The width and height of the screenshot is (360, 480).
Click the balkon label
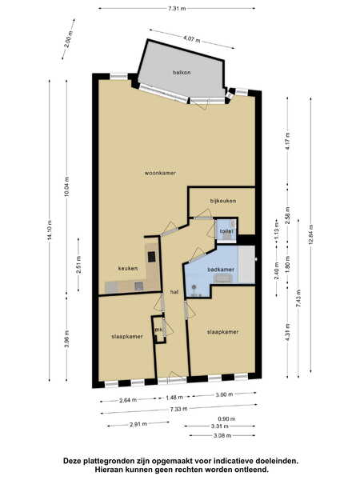click(182, 73)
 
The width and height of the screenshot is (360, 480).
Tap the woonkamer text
click(160, 173)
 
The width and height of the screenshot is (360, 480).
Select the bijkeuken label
click(223, 201)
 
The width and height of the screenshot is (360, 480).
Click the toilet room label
click(226, 231)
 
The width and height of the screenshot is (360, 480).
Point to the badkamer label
click(221, 270)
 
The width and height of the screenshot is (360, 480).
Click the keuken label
click(128, 268)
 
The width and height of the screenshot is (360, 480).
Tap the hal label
click(174, 292)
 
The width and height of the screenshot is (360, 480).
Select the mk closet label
click(158, 330)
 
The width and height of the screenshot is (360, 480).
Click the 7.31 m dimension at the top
click(177, 9)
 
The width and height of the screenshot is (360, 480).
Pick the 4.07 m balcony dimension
click(192, 39)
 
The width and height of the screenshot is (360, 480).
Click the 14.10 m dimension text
click(50, 230)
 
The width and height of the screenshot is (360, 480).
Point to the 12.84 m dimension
click(310, 234)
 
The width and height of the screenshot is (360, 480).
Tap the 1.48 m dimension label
click(174, 398)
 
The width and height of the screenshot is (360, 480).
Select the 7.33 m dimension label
click(178, 408)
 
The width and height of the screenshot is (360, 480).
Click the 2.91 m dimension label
click(138, 424)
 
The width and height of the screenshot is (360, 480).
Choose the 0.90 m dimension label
click(226, 418)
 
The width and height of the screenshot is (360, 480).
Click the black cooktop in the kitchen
click(151, 257)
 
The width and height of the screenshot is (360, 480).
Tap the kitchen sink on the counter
click(138, 286)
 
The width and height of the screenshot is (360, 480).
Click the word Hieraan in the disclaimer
click(108, 469)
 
